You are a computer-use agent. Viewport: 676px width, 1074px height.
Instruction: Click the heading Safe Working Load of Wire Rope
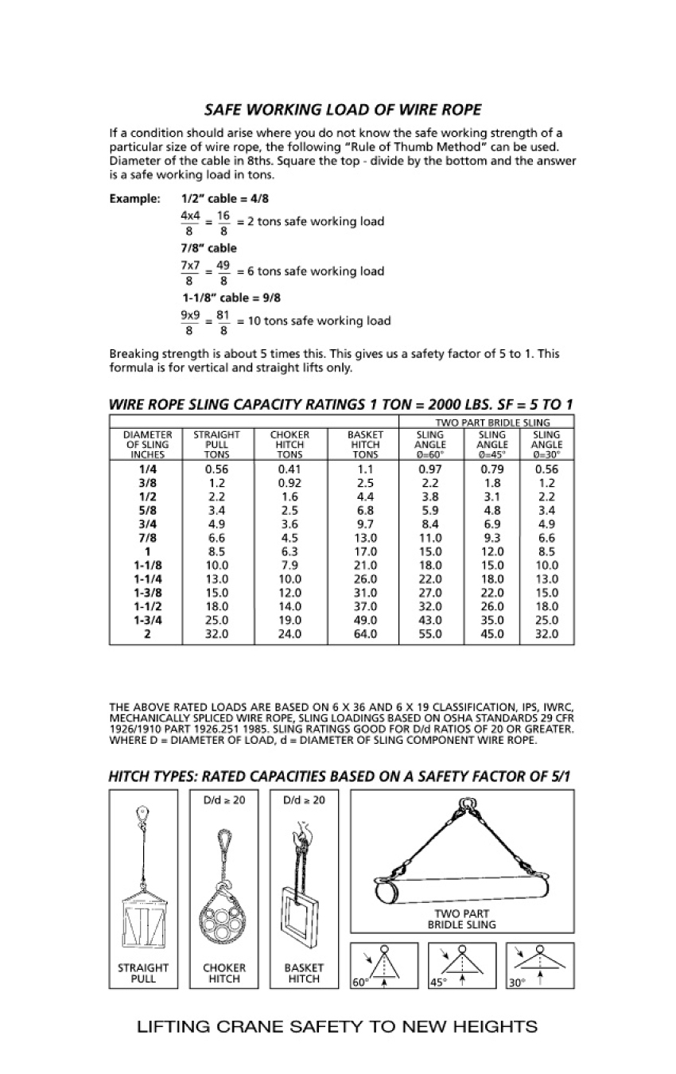(x=343, y=110)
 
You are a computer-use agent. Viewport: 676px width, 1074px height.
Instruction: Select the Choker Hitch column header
(x=289, y=445)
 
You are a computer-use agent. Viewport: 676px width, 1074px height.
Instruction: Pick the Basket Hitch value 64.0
(x=365, y=634)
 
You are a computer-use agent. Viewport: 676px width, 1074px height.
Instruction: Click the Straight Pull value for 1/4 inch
(x=216, y=469)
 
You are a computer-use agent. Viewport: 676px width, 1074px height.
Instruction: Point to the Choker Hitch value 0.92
(x=289, y=483)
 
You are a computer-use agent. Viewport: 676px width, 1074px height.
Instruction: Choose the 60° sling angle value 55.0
(x=430, y=634)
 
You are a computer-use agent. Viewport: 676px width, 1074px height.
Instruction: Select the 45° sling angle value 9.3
(x=491, y=538)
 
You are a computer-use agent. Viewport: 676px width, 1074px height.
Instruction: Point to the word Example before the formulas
(x=134, y=199)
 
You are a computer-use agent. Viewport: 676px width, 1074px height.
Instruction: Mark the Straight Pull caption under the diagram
(x=143, y=973)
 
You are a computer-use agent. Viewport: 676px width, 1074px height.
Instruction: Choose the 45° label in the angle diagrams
(x=437, y=983)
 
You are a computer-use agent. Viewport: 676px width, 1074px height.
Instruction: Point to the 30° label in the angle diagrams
(x=517, y=983)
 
